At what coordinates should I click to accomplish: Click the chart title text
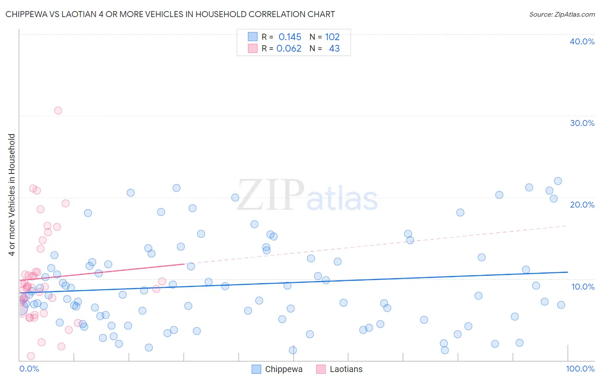170,14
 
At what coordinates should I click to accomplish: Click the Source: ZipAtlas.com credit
562,14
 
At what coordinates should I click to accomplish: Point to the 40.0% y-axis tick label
582,41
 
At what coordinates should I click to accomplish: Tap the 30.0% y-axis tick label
582,123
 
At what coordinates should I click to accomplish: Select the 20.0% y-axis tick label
582,205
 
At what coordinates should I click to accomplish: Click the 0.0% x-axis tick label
29,369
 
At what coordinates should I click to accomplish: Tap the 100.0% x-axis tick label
580,369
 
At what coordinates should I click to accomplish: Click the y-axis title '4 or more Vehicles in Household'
12,195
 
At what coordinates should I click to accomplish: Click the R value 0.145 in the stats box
290,37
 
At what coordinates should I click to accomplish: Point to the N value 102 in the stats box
332,37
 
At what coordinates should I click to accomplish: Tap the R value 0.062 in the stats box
289,49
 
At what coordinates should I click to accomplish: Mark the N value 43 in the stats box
334,49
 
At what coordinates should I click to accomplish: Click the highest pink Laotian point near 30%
58,111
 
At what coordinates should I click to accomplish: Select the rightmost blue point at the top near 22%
558,181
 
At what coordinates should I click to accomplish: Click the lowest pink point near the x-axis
31,356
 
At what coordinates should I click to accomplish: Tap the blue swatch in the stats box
253,37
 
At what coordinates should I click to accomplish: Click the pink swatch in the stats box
253,48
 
